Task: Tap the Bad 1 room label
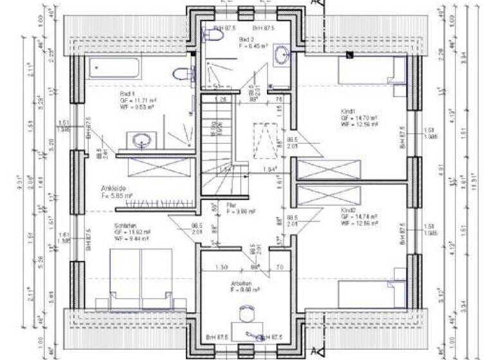[126, 93]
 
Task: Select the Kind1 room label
[349, 112]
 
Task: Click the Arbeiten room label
[242, 283]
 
